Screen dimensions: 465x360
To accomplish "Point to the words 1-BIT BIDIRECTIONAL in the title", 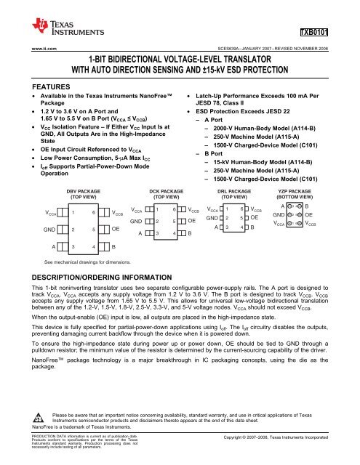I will click(131, 59).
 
